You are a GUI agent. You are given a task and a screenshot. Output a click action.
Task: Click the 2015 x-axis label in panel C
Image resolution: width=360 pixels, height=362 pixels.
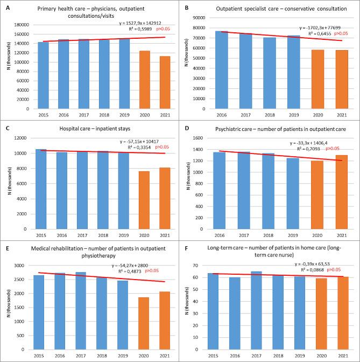point(38,235)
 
